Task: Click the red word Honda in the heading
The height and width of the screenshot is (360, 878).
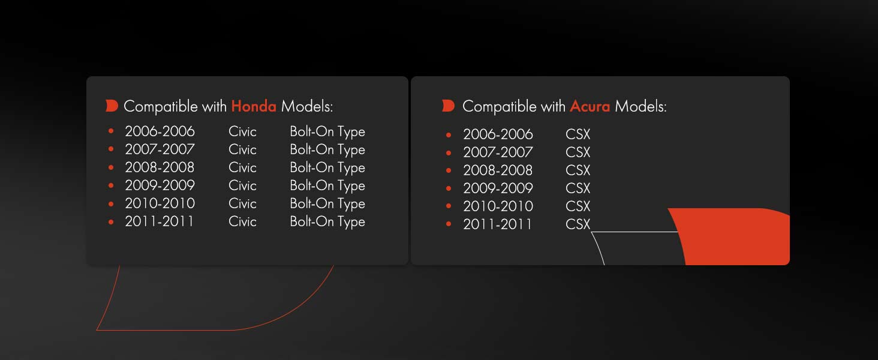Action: click(254, 106)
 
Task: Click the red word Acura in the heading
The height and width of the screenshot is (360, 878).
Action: click(590, 106)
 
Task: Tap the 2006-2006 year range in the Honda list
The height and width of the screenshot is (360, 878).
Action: click(160, 131)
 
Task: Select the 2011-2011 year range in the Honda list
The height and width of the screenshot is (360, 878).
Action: click(159, 221)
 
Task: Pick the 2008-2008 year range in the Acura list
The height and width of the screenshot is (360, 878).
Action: click(498, 170)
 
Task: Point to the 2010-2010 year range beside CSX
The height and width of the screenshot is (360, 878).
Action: click(498, 206)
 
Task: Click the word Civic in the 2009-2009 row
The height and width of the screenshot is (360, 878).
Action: click(243, 185)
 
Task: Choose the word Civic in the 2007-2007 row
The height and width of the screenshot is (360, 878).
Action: click(243, 149)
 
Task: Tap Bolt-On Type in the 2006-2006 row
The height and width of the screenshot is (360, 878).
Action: click(327, 132)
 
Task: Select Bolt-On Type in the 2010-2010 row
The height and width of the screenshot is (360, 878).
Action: click(327, 204)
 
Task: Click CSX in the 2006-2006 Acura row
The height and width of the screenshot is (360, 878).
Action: click(578, 134)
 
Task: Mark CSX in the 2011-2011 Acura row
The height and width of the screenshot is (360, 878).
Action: click(578, 224)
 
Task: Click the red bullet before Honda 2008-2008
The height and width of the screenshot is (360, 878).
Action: click(111, 167)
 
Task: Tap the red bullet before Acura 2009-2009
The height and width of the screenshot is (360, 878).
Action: click(449, 188)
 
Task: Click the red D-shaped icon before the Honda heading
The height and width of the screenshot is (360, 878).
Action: click(112, 106)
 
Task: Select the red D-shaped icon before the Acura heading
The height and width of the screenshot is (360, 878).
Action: click(448, 106)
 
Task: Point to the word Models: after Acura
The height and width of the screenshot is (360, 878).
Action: click(641, 106)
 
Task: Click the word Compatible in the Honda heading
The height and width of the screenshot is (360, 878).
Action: click(161, 106)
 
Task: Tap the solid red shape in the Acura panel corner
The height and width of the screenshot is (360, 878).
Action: click(733, 237)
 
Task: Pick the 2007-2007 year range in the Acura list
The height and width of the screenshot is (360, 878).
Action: click(498, 152)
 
